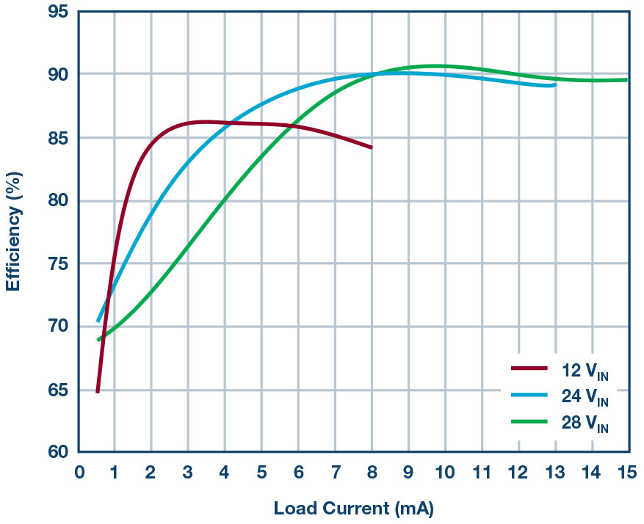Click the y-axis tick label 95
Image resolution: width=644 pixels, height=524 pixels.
[x=59, y=12]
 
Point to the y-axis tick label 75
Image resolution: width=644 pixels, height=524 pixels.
[x=59, y=263]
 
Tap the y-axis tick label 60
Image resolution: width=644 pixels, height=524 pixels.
[x=59, y=452]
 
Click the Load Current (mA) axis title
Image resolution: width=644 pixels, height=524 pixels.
[x=354, y=508]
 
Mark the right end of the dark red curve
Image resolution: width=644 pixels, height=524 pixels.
[x=372, y=148]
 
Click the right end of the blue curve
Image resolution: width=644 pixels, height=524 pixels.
[x=555, y=85]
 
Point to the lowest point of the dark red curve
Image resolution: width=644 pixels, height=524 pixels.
[x=97, y=392]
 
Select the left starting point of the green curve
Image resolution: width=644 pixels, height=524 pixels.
[x=98, y=340]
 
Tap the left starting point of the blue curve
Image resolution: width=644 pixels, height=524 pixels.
[x=98, y=321]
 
